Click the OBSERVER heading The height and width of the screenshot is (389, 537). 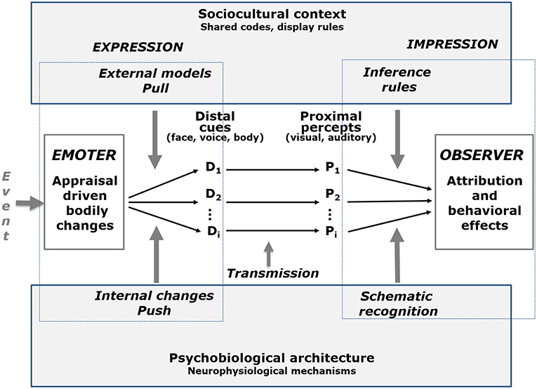click(478, 154)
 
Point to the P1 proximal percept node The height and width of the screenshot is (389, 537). click(333, 169)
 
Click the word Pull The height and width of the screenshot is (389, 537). click(154, 87)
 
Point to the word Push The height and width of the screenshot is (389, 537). click(154, 310)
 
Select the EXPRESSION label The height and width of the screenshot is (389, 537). click(138, 47)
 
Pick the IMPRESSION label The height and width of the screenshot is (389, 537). click(452, 44)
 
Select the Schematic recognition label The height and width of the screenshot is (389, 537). click(398, 304)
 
